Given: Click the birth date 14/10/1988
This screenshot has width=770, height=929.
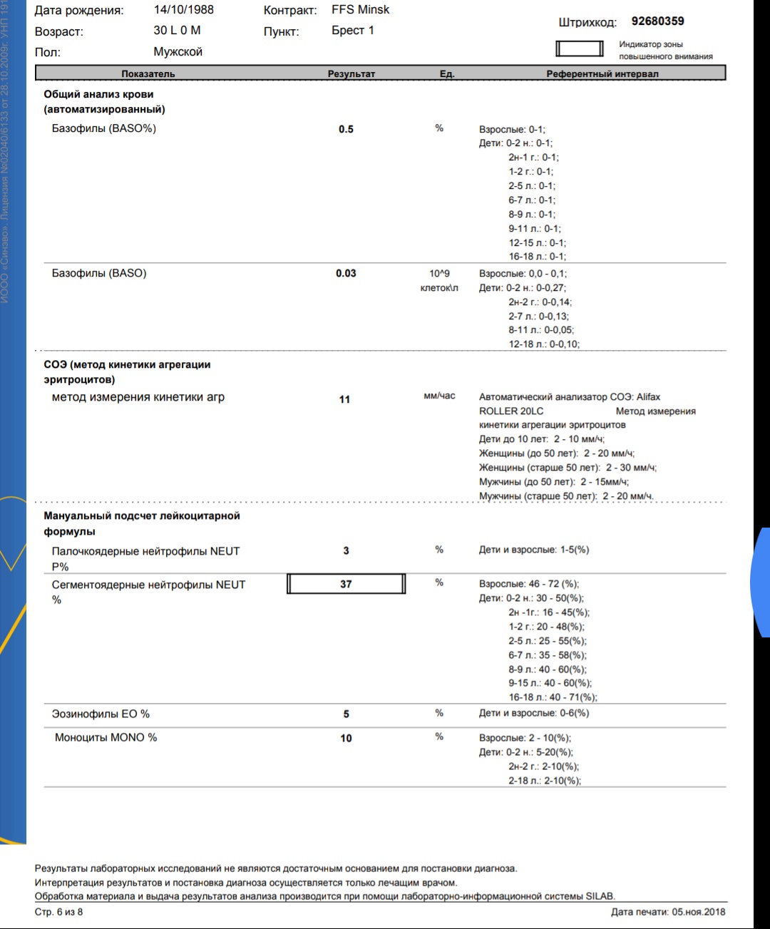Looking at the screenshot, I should (x=183, y=10).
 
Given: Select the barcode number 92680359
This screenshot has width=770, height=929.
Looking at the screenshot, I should (x=657, y=21).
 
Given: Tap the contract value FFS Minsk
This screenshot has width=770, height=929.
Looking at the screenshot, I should (x=360, y=10).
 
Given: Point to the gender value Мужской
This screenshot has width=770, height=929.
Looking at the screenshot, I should (x=178, y=52).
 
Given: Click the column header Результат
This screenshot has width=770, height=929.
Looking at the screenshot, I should (x=351, y=73).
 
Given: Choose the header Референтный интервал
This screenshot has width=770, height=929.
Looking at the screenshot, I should (x=602, y=73).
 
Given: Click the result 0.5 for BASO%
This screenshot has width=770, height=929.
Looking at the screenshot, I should (x=346, y=129).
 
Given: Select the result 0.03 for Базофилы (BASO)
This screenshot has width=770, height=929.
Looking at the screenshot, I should (x=346, y=273).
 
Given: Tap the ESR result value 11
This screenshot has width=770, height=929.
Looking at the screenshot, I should (x=344, y=399).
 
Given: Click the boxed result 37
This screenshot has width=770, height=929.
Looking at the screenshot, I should (x=346, y=584).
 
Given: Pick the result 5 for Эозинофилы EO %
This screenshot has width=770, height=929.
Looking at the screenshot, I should (x=346, y=714).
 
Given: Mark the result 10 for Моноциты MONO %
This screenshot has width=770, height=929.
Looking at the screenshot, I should (x=346, y=738).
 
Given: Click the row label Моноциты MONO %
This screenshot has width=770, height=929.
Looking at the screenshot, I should (x=106, y=737).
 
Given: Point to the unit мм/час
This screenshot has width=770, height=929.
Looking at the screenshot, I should (x=439, y=396).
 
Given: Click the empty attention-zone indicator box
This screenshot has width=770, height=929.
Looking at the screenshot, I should (x=579, y=48).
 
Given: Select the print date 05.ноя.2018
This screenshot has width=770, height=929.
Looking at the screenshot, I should (x=698, y=911).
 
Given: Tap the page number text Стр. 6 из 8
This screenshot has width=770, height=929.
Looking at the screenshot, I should (x=58, y=912).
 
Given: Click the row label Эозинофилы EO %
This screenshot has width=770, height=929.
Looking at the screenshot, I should (x=101, y=714).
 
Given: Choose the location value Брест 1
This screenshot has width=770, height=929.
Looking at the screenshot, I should (x=352, y=31).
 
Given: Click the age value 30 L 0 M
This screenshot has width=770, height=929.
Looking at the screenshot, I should (x=177, y=31).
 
